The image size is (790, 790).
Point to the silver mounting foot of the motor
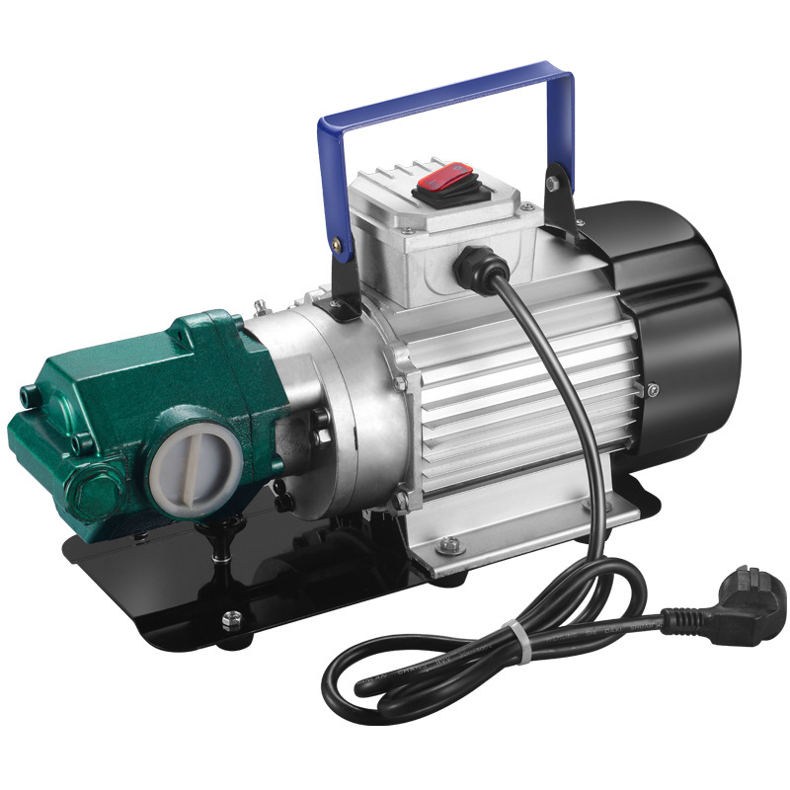click(x=513, y=533)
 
